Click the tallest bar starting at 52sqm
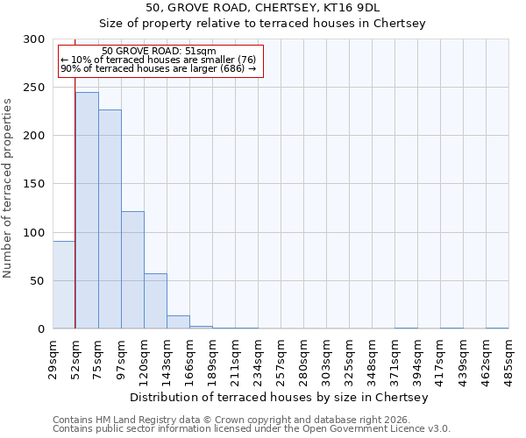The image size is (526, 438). pos(87,210)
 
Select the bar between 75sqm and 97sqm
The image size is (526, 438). pos(110,219)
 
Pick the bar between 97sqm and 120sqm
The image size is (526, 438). pos(132,270)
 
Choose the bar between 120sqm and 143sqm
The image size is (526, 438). pos(155,301)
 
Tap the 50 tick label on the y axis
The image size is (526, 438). pos(38,281)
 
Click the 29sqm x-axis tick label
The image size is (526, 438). pos(53,358)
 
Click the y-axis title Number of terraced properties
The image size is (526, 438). pos(8,187)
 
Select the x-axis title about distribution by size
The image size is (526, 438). pos(281,397)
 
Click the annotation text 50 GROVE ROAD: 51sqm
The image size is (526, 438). pos(159,52)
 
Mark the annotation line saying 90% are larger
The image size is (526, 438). pos(159,68)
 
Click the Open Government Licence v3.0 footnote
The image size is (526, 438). pos(252,428)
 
